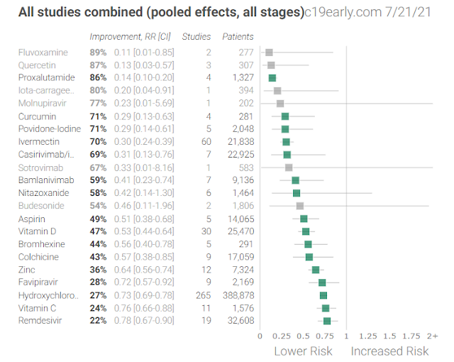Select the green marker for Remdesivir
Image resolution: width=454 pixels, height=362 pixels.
[x=327, y=321]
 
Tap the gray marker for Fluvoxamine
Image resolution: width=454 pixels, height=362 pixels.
[x=269, y=52]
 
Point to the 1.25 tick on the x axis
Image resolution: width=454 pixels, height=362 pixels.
[x=368, y=336]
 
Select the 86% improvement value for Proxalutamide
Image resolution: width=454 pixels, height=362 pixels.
[x=98, y=77]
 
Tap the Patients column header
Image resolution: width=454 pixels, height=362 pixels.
[x=238, y=36]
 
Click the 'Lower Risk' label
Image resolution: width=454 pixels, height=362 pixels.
[x=303, y=351]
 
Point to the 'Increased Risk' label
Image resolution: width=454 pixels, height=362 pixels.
[x=389, y=351]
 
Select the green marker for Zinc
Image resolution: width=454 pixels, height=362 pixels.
[x=316, y=270]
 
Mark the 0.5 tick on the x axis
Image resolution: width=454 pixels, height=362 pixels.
[x=303, y=336]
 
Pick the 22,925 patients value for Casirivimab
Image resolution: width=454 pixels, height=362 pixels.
[x=239, y=155]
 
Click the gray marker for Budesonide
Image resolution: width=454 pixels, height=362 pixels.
[x=300, y=206]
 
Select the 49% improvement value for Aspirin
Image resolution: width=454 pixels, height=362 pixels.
[x=98, y=219]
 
